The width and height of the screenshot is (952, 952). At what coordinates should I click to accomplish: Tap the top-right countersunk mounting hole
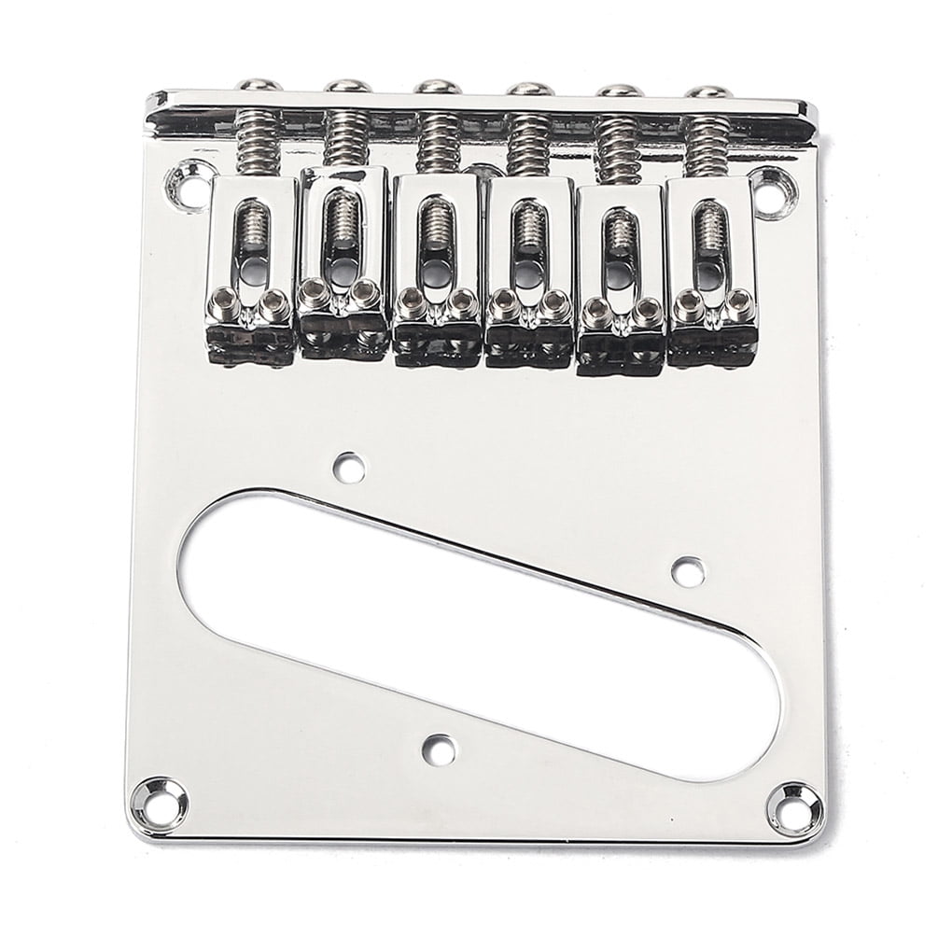coord(767,181)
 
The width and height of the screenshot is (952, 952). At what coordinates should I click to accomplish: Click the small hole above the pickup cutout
coord(349,463)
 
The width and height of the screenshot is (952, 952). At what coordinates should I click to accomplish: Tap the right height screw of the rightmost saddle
coord(740,301)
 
